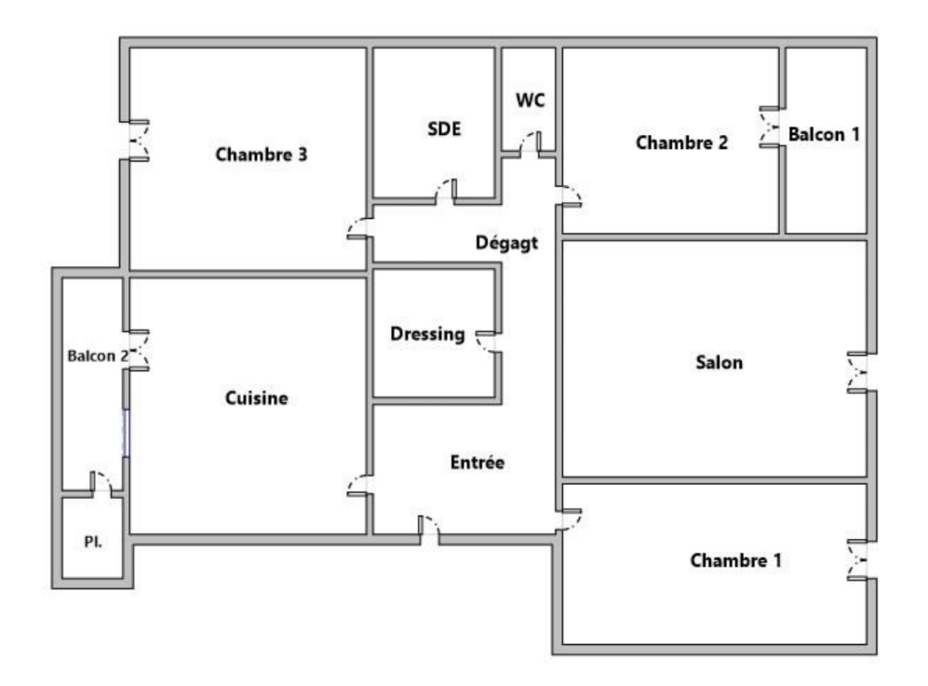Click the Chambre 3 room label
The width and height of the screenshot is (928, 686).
(x=261, y=155)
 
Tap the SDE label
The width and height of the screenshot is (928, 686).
(x=444, y=128)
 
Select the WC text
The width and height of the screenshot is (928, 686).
(x=530, y=100)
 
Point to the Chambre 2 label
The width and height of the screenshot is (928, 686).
(x=681, y=142)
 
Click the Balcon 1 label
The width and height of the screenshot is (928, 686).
(x=823, y=134)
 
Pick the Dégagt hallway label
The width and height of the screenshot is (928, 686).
(x=506, y=243)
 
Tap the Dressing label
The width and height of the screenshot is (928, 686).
(x=427, y=334)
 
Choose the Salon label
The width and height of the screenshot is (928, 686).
(x=720, y=362)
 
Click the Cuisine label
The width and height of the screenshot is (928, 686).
(x=256, y=397)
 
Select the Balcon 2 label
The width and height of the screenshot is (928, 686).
(x=98, y=356)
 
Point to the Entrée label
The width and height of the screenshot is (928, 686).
(x=477, y=463)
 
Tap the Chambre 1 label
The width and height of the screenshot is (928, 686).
(x=735, y=560)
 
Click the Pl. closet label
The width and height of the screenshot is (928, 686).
(x=93, y=542)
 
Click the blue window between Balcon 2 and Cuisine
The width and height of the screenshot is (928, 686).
(x=126, y=433)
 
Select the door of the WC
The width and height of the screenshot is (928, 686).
(x=530, y=144)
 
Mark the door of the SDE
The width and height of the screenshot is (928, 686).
(x=446, y=192)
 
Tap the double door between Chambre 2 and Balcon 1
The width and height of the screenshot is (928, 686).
(x=771, y=127)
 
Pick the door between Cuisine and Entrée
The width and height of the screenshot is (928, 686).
(x=358, y=485)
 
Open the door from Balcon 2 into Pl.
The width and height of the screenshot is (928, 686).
(x=101, y=481)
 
